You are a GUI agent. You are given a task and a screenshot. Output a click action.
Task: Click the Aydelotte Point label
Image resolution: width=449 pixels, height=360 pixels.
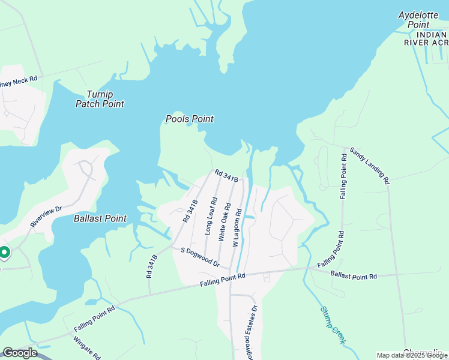point(418,20)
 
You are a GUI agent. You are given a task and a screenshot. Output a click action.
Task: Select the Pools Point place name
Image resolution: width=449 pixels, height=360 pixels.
point(190,119)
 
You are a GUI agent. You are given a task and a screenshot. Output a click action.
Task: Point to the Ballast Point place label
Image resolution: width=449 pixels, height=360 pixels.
point(100,218)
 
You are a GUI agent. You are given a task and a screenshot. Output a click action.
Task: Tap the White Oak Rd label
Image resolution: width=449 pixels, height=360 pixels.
point(224,221)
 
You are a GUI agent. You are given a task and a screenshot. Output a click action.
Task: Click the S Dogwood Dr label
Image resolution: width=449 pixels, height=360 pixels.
point(196,257)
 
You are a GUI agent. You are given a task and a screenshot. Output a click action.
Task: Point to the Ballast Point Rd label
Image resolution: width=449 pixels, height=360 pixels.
point(353,275)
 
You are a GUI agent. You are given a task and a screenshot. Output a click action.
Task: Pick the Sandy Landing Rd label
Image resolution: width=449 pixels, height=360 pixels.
point(370,165)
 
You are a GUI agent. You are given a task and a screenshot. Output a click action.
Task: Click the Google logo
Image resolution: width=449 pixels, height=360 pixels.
point(20,353)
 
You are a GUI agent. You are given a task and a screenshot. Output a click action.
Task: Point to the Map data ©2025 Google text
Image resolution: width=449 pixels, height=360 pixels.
point(412,355)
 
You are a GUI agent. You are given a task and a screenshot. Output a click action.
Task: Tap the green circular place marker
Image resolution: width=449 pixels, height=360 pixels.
point(4,253)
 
